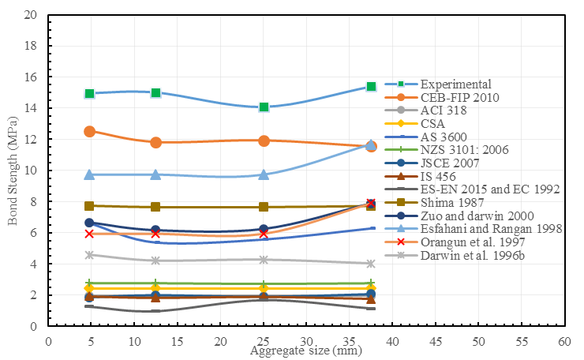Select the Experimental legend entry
coord(455,84)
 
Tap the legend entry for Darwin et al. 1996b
coord(465,256)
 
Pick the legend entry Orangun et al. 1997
coord(465,242)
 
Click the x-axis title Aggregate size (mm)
coord(306,350)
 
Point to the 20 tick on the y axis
coord(32,15)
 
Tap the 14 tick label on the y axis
coord(32,108)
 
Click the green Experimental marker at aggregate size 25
coord(264,107)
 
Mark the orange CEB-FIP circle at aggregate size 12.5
coord(155,142)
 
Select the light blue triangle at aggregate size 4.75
coord(89,174)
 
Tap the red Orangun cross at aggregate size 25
coord(264,234)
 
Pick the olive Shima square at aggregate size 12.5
coord(155,207)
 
